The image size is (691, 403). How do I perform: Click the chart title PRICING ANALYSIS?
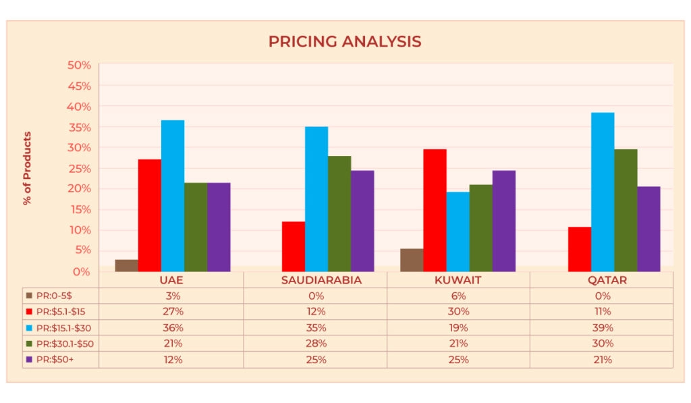click(x=345, y=42)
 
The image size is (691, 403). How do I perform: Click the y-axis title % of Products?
click(x=28, y=168)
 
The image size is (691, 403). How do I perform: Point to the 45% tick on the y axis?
click(x=78, y=86)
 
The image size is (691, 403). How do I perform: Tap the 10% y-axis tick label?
click(x=78, y=230)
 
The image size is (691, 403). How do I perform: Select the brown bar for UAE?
click(x=126, y=265)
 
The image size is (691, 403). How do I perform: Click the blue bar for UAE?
click(x=173, y=196)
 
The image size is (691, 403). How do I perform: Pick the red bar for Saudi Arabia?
click(x=294, y=246)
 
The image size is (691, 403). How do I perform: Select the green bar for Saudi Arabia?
click(x=339, y=213)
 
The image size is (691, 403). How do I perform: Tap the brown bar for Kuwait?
click(x=412, y=260)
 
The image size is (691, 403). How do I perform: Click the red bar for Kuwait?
click(x=435, y=210)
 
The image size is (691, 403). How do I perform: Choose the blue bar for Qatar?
click(x=603, y=192)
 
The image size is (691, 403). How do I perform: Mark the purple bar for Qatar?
click(x=648, y=229)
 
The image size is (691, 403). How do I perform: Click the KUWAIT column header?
click(x=458, y=280)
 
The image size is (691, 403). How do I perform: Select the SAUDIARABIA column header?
click(x=315, y=280)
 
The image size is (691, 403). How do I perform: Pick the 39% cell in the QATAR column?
click(x=602, y=327)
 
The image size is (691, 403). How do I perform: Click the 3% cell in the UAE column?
click(x=172, y=296)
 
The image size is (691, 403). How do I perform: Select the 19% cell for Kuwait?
click(x=458, y=327)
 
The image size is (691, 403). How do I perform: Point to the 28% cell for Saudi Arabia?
click(x=315, y=344)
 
